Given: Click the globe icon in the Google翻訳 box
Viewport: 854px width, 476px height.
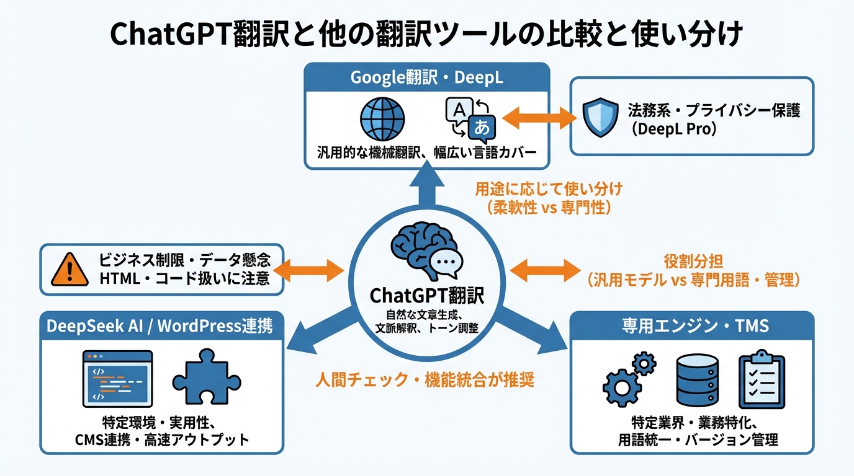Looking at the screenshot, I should click(x=382, y=119).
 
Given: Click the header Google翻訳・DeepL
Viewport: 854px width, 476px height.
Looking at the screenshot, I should click(x=427, y=77).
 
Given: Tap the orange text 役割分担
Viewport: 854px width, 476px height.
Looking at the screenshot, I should click(x=692, y=262).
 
